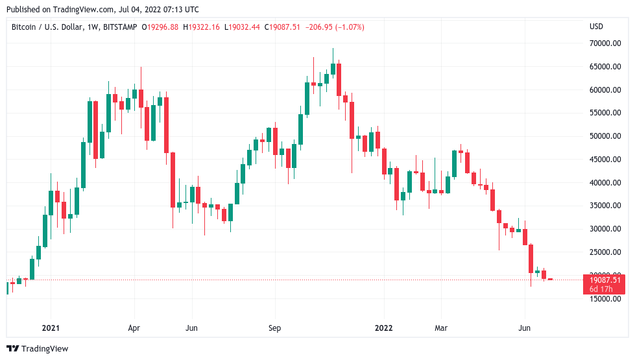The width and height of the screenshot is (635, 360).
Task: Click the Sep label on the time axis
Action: click(274, 328)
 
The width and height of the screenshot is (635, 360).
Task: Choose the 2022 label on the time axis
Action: click(384, 328)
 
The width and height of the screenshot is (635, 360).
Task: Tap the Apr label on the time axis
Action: click(134, 328)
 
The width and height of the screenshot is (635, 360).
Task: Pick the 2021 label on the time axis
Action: click(51, 328)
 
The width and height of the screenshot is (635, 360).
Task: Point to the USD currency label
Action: click(596, 27)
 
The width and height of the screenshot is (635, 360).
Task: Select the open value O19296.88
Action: click(163, 27)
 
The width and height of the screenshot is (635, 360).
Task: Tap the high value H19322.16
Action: click(202, 27)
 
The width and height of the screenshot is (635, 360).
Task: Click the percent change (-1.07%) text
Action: click(347, 27)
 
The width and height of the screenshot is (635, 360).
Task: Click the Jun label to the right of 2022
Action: click(524, 328)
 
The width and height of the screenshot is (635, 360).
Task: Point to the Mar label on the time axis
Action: click(441, 328)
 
